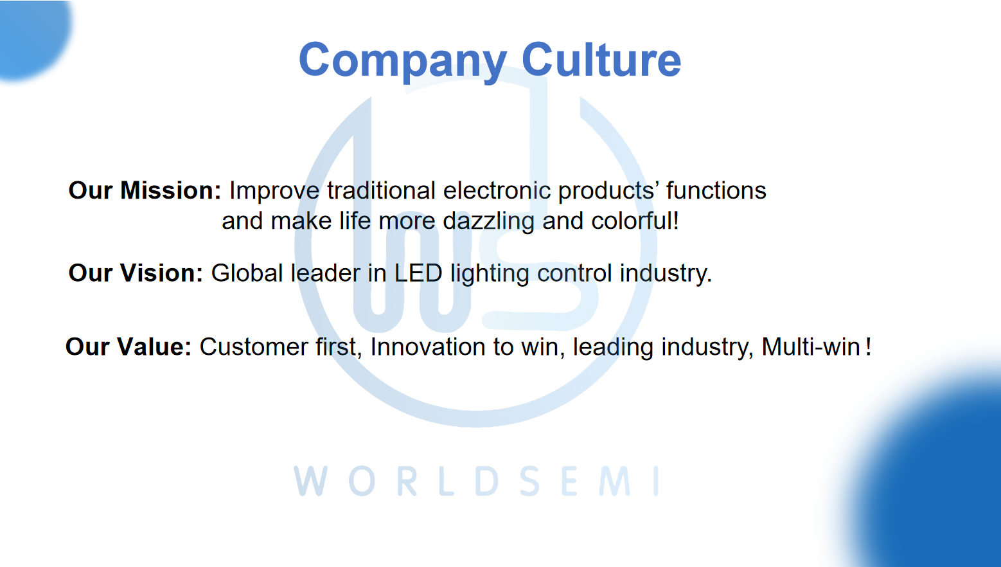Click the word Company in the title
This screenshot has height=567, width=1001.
403,61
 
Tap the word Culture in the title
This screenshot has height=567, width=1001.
601,59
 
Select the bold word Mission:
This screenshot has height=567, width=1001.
171,190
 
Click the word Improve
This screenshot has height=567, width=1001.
274,191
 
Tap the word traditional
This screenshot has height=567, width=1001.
381,190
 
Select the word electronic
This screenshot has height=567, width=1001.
497,190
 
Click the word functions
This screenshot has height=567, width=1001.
716,190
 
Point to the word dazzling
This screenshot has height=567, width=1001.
488,221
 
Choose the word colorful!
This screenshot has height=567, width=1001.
635,221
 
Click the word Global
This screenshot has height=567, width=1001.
247,273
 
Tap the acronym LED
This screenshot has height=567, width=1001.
418,273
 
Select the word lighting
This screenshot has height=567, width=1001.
490,274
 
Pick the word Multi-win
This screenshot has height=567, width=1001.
811,346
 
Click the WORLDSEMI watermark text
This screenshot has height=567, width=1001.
476,481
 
